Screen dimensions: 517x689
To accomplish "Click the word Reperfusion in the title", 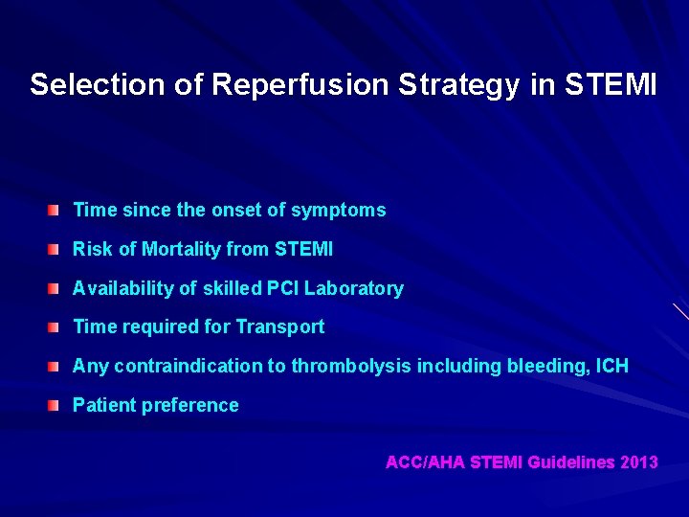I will [300, 85].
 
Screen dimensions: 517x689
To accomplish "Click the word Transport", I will [279, 326].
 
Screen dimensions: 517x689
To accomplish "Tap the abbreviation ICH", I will [611, 366].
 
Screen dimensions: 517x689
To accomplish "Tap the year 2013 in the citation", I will [639, 462].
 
